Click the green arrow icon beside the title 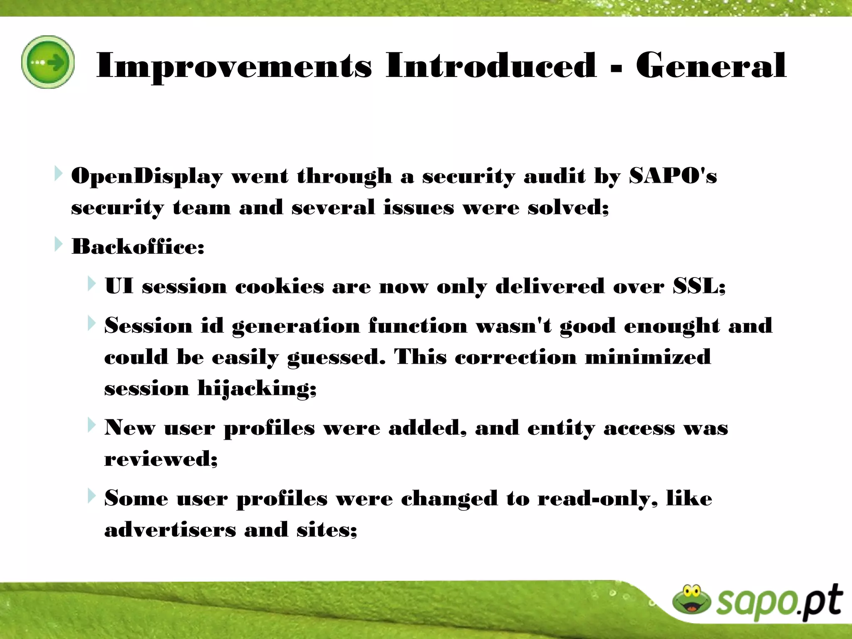coord(48,62)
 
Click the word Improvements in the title coord(234,66)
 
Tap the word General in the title coord(711,66)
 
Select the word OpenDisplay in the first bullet coord(147,176)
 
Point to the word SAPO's coord(673,176)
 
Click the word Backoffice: coord(138,247)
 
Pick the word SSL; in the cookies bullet coord(699,287)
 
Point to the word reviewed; coord(161,459)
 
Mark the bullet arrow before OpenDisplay coord(58,173)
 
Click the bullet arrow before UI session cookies coord(92,284)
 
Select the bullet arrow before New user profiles coord(92,425)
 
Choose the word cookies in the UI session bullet coord(279,287)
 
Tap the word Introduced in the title coord(491,66)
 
